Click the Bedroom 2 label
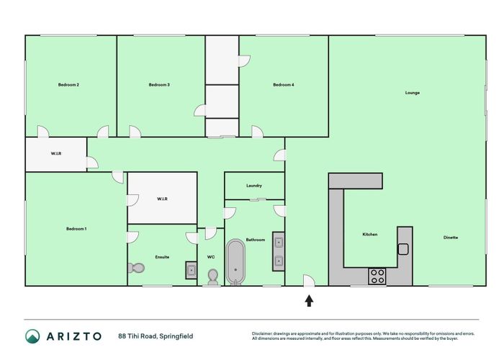[68, 85]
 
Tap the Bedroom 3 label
[159, 85]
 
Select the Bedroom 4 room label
[283, 85]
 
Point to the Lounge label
[413, 92]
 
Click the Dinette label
[451, 238]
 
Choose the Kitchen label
[369, 235]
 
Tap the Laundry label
[254, 186]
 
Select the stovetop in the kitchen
[377, 276]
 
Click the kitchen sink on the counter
[403, 249]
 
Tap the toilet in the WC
[212, 276]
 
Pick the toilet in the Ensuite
[136, 268]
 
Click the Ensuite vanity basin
[191, 270]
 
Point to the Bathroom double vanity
[278, 252]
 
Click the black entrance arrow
[309, 300]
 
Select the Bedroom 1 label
[76, 229]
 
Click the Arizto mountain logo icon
[32, 336]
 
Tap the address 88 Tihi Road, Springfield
[156, 336]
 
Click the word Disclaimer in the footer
[264, 333]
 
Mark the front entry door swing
[308, 280]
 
